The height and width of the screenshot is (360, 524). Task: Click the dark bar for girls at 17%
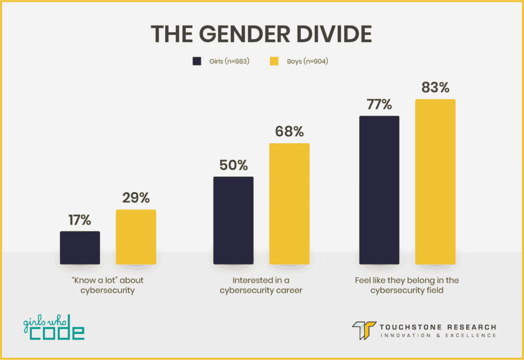click(x=80, y=247)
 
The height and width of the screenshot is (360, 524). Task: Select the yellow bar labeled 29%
click(x=136, y=237)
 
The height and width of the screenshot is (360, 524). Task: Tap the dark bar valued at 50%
click(x=233, y=220)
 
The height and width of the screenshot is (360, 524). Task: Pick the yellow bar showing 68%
click(x=289, y=204)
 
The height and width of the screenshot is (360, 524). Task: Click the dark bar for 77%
click(x=379, y=190)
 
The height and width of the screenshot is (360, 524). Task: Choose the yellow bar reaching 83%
click(x=435, y=182)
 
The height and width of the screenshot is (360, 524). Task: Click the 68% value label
click(x=289, y=131)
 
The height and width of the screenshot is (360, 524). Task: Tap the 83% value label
click(x=435, y=87)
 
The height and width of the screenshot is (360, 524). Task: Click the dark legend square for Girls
click(x=197, y=61)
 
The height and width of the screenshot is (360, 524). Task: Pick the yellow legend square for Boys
click(x=274, y=61)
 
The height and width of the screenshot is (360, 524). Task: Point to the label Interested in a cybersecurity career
click(x=261, y=285)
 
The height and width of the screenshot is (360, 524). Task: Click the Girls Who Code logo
click(x=54, y=327)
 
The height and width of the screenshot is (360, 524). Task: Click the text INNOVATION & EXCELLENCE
click(x=438, y=335)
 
